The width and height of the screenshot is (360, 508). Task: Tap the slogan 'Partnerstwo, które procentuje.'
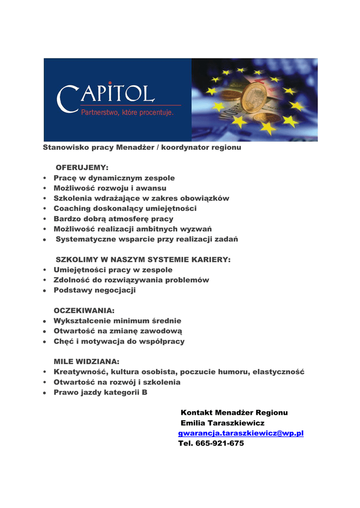pos(127,113)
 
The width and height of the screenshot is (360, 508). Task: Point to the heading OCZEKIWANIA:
pos(84,311)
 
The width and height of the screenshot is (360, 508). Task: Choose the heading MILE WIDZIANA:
pos(86,362)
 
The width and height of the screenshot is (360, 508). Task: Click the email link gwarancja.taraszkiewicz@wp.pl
pos(241,433)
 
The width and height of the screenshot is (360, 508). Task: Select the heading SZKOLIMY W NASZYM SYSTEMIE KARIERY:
pos(143,259)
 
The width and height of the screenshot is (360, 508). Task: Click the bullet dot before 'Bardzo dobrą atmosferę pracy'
pos(45,219)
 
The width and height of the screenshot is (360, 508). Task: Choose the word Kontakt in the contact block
pos(197,413)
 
